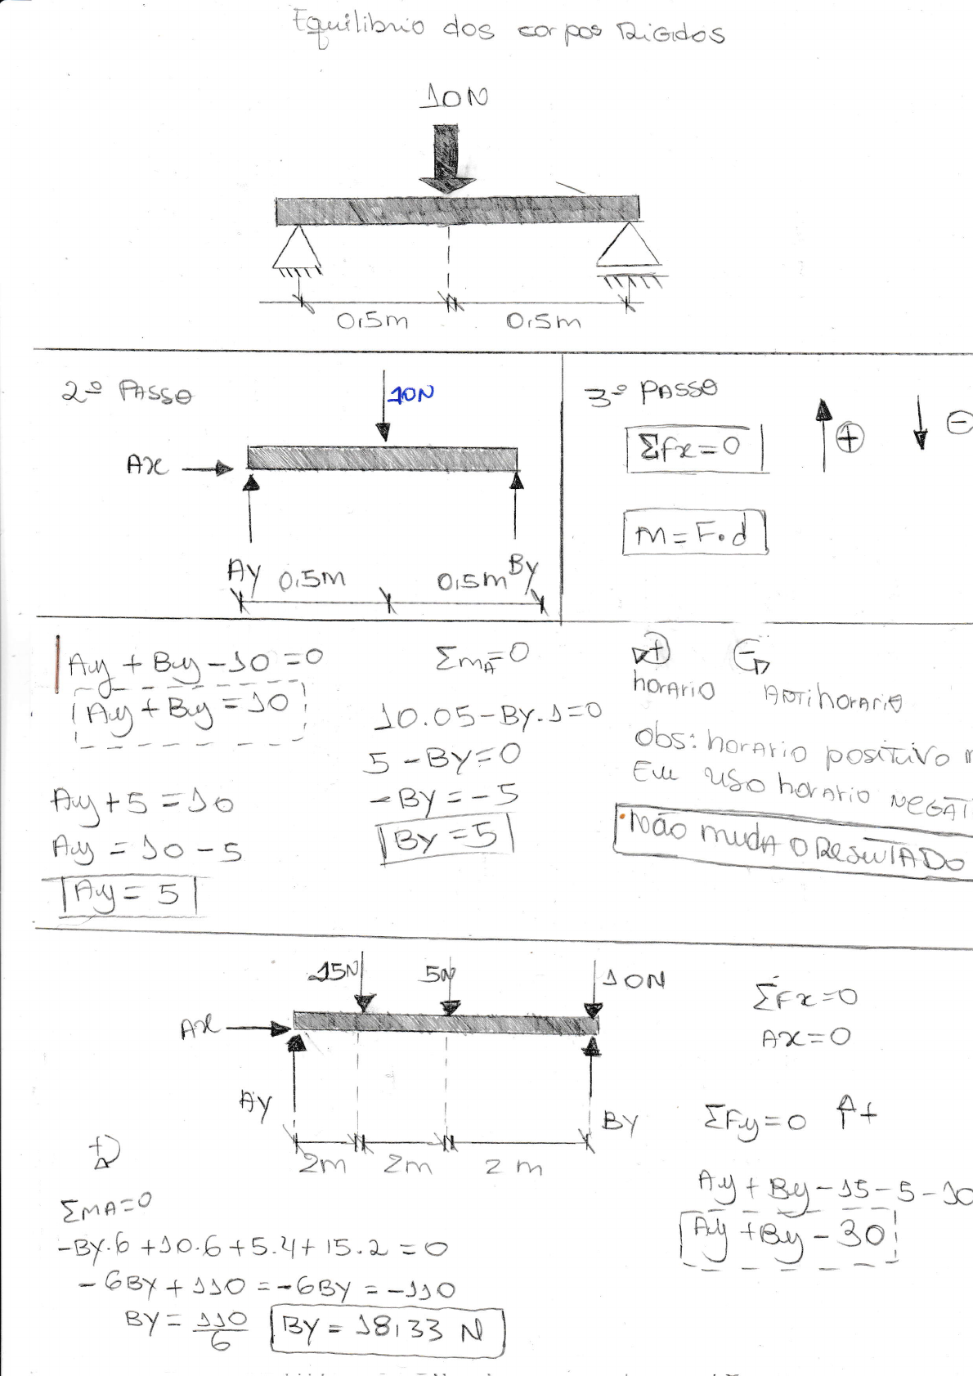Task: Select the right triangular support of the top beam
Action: (628, 246)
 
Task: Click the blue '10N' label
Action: (411, 395)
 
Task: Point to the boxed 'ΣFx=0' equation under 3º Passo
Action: (693, 447)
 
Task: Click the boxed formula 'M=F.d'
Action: (693, 534)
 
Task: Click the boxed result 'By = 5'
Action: (446, 838)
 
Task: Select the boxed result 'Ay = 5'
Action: (127, 894)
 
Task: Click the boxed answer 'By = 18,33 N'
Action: (387, 1330)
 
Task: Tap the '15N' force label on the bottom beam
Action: (337, 971)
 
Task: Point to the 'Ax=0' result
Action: (805, 1038)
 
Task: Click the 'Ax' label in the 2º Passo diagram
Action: (147, 466)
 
